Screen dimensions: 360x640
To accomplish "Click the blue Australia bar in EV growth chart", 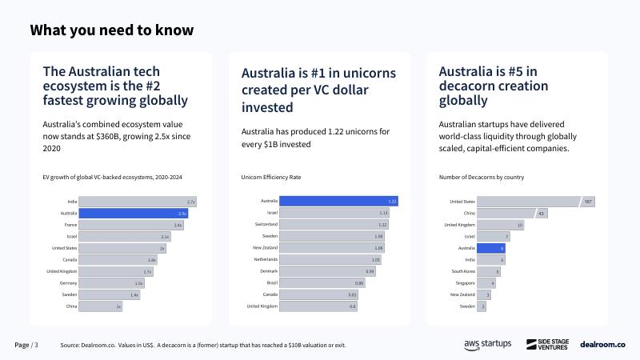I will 134,214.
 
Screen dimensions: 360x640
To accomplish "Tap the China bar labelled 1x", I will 101,306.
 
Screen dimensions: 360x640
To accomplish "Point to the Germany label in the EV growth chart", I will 68,283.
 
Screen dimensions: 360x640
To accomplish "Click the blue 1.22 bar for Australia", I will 338,202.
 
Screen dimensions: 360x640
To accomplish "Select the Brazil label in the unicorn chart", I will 270,283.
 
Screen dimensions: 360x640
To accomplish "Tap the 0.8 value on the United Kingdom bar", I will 352,306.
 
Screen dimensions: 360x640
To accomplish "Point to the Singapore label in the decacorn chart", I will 463,283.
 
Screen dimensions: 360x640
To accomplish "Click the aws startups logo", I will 487,344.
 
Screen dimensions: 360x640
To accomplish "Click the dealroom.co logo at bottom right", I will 602,344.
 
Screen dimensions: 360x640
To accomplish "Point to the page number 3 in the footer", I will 35,345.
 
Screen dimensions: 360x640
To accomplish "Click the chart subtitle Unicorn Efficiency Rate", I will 270,177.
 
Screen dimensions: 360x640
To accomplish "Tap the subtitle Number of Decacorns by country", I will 481,177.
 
